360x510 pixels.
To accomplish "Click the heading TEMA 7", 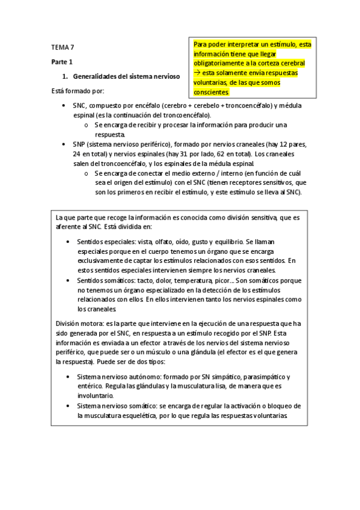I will (62, 47).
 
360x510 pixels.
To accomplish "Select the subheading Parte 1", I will (61, 62).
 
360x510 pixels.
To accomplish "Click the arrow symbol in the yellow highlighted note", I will (197, 73).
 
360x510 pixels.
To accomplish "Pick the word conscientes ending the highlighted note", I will (211, 93).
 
